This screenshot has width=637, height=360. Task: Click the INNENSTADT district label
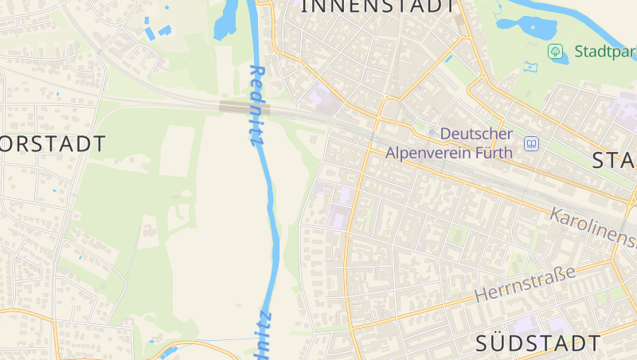pos(381,6)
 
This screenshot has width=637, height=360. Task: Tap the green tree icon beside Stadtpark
pos(555,52)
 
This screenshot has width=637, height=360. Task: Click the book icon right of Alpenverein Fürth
pos(531,144)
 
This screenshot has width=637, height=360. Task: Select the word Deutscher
pos(476,134)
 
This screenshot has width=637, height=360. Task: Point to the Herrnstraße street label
pos(525,284)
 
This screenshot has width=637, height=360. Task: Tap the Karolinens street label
pos(593,227)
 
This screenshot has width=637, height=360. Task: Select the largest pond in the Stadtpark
pos(532,26)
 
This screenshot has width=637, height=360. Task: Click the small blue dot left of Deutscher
pos(432,133)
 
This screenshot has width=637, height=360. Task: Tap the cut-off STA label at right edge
pos(614,160)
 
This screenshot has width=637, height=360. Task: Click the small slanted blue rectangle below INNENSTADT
pos(449,58)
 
